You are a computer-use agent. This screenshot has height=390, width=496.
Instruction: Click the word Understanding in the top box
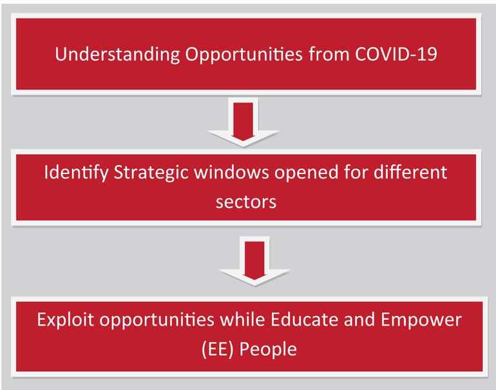click(x=117, y=54)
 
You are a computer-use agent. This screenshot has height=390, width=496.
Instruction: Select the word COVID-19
click(x=396, y=54)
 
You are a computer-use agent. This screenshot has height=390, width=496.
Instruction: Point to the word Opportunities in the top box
click(x=244, y=54)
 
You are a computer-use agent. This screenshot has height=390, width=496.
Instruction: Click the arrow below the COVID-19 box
click(x=243, y=122)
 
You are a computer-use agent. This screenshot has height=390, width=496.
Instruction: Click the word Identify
click(x=76, y=173)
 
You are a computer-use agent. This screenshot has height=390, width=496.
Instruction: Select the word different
click(x=410, y=173)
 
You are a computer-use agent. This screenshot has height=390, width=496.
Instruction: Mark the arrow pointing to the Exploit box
click(x=254, y=262)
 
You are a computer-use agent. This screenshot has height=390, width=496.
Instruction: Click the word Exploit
click(x=65, y=320)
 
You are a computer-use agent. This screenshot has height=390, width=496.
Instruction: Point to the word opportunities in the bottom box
click(x=157, y=320)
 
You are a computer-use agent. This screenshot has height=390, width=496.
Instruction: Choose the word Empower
click(x=421, y=320)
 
